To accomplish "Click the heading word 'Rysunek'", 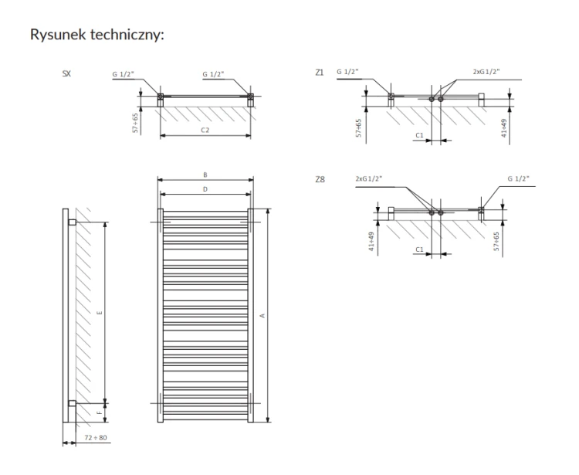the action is tap(59, 35).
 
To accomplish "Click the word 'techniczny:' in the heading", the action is tap(127, 35).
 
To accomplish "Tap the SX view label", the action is tap(66, 73).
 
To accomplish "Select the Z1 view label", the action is tap(320, 73).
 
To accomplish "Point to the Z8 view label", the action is tap(320, 179).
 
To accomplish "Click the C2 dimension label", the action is tap(205, 130).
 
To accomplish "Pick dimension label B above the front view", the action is tap(205, 175).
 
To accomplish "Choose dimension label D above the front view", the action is tap(205, 189).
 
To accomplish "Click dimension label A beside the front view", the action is tap(262, 316).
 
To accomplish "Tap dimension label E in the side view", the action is tap(100, 314).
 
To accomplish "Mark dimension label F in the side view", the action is tap(100, 413).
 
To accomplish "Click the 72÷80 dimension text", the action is tap(96, 438).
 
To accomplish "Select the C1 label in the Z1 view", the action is tap(419, 136).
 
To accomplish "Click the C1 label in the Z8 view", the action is tap(419, 249).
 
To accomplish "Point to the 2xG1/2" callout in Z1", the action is tap(486, 72).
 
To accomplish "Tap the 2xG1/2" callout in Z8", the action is tap(369, 178).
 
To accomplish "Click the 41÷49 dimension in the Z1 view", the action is tap(504, 128).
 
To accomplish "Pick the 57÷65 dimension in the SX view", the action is tap(136, 123).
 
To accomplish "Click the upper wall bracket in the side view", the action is tap(73, 222).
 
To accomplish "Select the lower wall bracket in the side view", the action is tap(73, 403).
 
